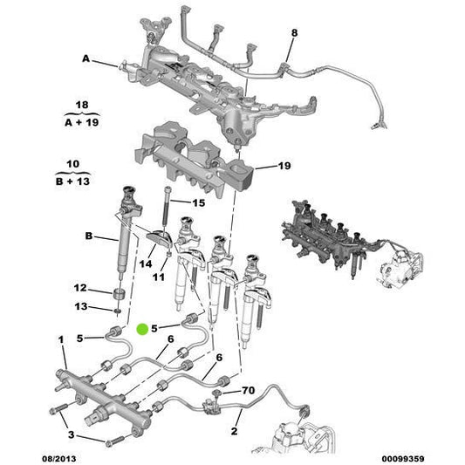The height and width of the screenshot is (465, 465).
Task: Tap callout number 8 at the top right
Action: coord(293,33)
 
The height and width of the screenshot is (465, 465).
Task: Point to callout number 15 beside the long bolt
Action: coord(198,202)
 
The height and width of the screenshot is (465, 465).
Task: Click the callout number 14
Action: coord(147,263)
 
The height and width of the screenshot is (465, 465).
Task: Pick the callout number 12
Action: coord(79,288)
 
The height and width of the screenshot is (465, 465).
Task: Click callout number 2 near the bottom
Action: coord(234,429)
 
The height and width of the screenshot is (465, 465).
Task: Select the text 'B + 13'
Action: coord(84,181)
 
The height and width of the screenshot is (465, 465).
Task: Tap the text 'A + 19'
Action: coord(84,124)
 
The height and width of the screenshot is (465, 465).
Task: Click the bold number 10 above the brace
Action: coord(84,162)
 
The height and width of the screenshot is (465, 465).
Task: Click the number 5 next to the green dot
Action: coord(154,329)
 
